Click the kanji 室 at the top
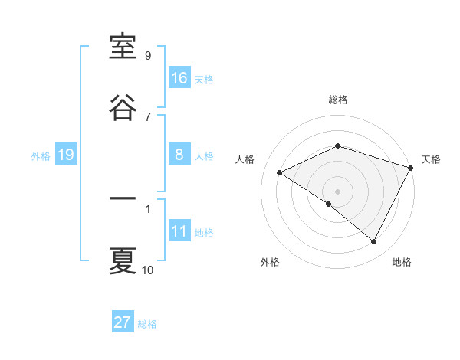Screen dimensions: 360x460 [x=123, y=48]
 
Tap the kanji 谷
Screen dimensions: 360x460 [x=123, y=107]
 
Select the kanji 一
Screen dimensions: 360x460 [x=123, y=199]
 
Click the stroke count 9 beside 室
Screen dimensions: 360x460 [x=148, y=56]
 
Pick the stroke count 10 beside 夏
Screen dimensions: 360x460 [x=148, y=270]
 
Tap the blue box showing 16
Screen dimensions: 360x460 [x=179, y=78]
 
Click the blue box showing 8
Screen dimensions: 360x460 [x=179, y=155]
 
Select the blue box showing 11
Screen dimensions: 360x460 [x=179, y=232]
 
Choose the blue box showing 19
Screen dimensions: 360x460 [x=65, y=155]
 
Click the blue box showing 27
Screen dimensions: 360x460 [x=123, y=322]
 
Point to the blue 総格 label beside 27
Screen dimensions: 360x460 [x=148, y=324]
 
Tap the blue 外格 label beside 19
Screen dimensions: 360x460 [x=41, y=156]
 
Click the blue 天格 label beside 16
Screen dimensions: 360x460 [x=204, y=80]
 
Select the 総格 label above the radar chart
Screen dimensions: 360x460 [x=338, y=100]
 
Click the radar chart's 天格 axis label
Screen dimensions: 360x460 [x=432, y=159]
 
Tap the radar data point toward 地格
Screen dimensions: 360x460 [x=374, y=241]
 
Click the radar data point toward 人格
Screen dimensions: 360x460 [x=280, y=172]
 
